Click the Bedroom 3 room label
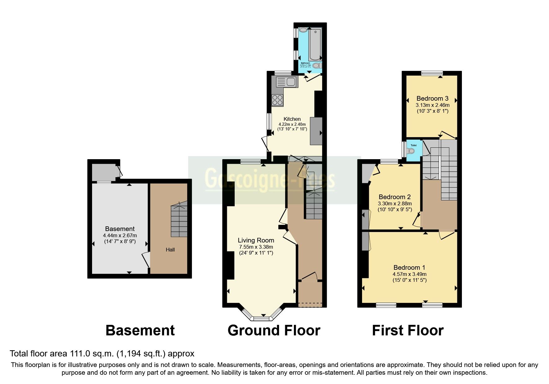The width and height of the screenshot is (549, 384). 432,98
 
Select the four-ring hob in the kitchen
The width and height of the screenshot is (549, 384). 277,100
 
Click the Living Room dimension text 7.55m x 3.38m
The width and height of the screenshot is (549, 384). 256,247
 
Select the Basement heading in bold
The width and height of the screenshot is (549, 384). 140,330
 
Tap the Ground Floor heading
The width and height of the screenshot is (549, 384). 274,330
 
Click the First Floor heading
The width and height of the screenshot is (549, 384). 408,330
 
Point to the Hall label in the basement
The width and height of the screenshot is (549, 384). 170,250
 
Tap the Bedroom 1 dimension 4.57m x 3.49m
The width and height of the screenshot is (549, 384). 410,274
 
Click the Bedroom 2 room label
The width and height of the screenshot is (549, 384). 395,197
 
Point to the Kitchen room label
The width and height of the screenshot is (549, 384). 292,119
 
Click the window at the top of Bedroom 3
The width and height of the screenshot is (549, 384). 432,73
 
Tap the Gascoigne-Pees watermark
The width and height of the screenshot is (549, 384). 270,180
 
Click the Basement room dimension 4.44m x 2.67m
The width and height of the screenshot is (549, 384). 120,235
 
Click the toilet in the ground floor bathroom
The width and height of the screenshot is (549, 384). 317,66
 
